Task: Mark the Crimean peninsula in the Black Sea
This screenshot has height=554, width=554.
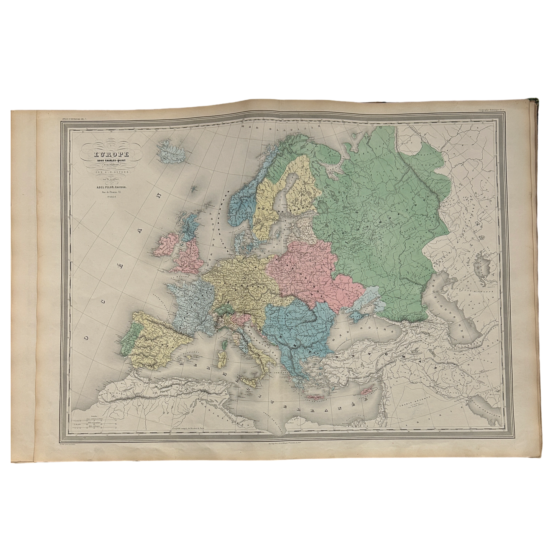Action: pos(357,315)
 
